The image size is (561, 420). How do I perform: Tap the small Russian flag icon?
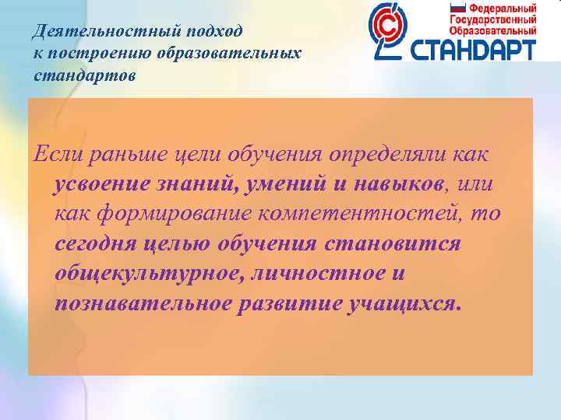457,8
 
